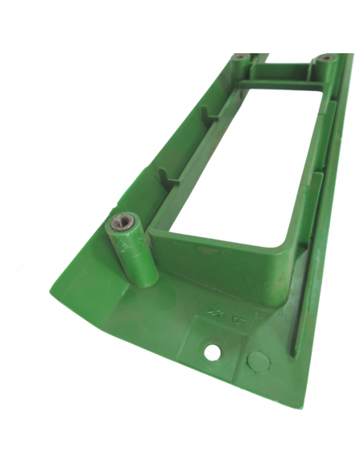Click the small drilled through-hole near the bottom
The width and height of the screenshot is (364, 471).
click(x=213, y=352)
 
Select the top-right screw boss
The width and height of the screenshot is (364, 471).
click(x=325, y=58)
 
